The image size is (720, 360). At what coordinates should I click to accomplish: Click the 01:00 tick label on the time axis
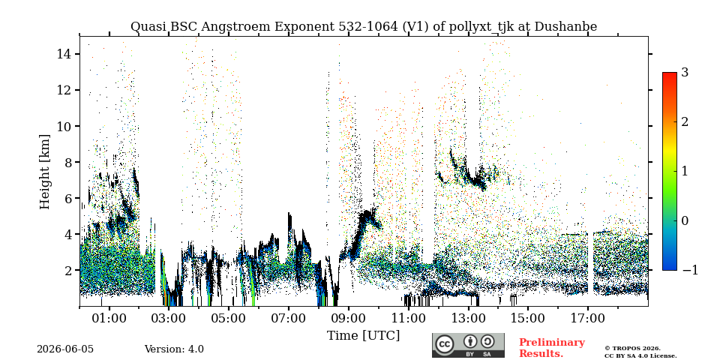tap(109, 318)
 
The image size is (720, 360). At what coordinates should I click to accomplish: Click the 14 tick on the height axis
tap(66, 54)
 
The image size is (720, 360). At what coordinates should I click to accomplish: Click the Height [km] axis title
tap(44, 172)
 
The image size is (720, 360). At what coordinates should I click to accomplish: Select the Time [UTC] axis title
tap(363, 336)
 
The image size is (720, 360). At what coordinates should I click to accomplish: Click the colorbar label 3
tap(685, 73)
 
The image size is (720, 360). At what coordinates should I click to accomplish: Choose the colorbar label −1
tap(690, 270)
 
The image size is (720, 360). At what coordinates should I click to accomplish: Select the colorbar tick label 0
tap(685, 220)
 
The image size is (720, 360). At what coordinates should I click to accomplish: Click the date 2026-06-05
tap(65, 349)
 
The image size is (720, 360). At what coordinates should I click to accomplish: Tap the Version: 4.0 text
tap(174, 349)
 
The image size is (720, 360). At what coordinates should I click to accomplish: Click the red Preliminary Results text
tap(552, 348)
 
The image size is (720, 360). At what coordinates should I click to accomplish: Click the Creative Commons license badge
tap(468, 345)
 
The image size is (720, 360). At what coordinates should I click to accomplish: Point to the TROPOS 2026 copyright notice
tap(640, 352)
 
